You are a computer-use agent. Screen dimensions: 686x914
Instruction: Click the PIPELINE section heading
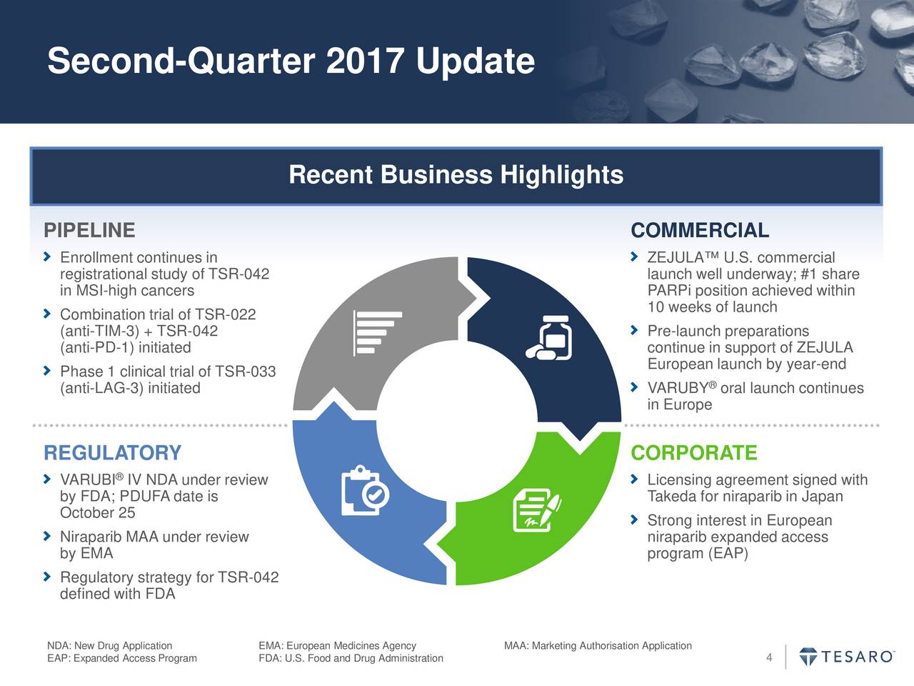coord(89,231)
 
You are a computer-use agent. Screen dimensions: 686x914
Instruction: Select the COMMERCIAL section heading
coord(700,231)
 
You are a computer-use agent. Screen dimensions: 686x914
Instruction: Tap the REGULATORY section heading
coord(113,453)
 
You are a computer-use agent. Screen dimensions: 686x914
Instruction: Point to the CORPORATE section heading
coord(694,453)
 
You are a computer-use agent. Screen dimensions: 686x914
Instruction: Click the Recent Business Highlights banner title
coord(456,175)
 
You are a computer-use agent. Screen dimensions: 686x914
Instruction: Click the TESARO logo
coord(847,657)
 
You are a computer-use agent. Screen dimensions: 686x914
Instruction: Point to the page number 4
coord(769,658)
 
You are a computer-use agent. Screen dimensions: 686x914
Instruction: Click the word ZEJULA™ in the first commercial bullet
coord(683,258)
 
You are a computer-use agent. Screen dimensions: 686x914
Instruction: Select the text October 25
coord(98,513)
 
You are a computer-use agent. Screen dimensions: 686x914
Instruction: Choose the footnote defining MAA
coord(598,646)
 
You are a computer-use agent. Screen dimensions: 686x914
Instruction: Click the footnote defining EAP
coord(122,658)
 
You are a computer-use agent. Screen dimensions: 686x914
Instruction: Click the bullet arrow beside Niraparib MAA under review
coord(47,536)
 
